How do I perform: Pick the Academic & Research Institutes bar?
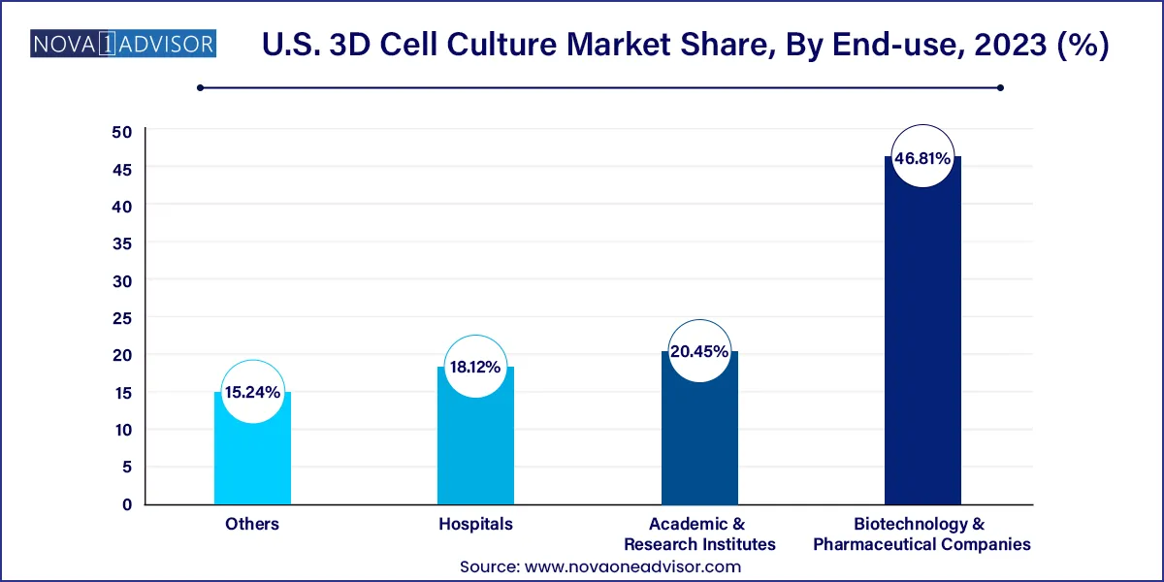[699, 446]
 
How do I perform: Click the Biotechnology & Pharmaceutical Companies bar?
[922, 349]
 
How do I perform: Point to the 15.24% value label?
[252, 393]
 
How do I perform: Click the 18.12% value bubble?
[475, 368]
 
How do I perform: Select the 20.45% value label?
[699, 352]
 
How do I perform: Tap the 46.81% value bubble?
[922, 156]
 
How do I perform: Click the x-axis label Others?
[252, 524]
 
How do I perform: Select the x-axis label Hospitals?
[475, 524]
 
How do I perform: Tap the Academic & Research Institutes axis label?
[699, 533]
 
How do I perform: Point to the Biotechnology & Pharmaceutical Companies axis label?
[922, 533]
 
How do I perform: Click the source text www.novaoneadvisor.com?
[633, 566]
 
